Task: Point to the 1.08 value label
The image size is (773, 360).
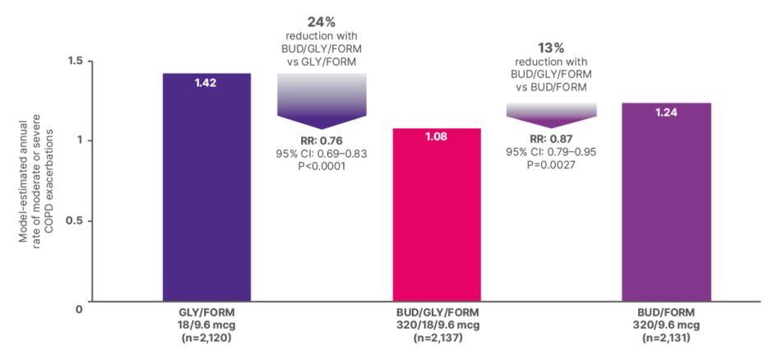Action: coord(436,137)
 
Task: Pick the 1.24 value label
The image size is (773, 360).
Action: coord(665,112)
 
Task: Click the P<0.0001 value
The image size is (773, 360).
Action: coord(321,166)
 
